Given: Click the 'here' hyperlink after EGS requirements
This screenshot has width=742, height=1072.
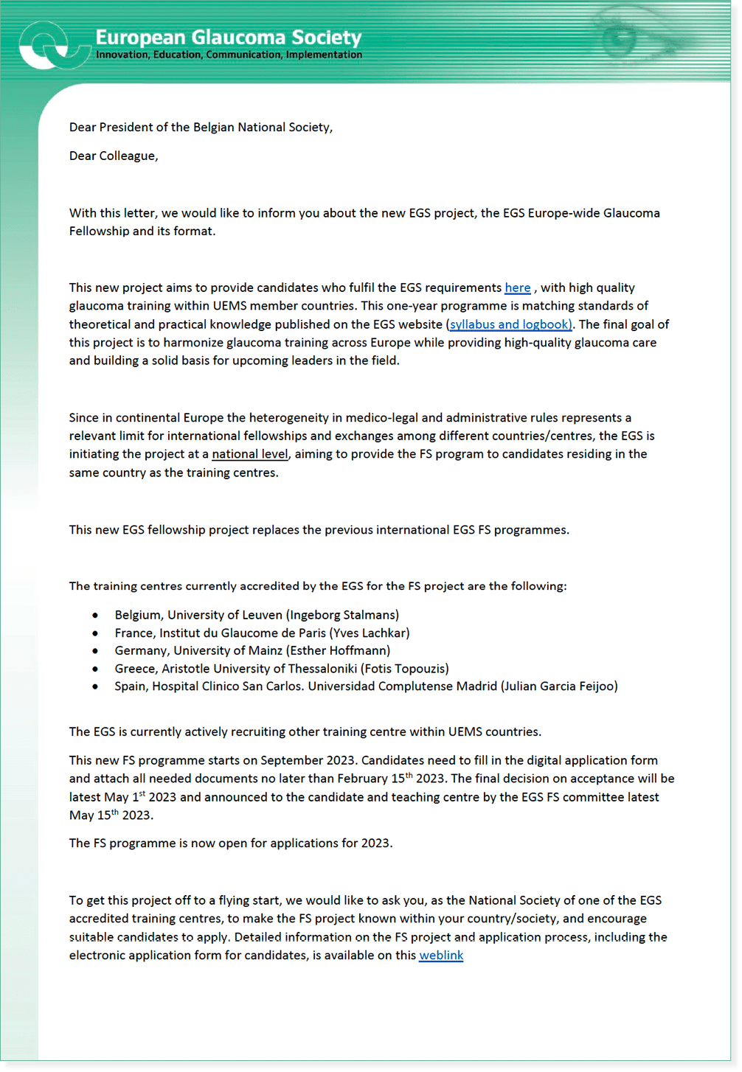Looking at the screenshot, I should pos(517,288).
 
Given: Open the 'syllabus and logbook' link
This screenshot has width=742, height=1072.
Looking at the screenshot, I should pos(510,324).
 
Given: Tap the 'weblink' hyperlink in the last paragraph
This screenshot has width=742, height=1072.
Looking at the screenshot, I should pos(441,956).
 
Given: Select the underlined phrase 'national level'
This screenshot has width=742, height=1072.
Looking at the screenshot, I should pos(249,454).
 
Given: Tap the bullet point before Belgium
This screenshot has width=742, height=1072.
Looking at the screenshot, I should pos(95,615).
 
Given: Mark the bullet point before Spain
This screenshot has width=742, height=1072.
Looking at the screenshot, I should pos(95,686).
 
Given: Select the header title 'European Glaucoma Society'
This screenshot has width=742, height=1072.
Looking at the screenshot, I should pos(229,37).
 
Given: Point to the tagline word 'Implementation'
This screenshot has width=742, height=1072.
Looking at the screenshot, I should pos(324,55).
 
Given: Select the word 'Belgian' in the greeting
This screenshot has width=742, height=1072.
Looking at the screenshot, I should pos(215,128).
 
